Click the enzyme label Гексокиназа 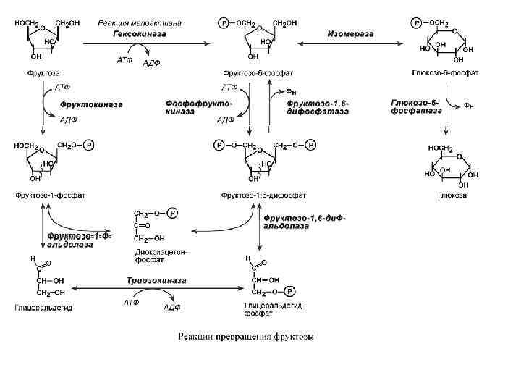click(x=140, y=33)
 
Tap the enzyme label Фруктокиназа click(x=90, y=104)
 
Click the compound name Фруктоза click(x=44, y=72)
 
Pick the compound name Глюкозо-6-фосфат click(x=444, y=72)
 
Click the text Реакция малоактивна click(x=140, y=22)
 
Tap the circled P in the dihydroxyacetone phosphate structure click(x=172, y=213)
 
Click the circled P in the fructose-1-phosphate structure click(x=89, y=145)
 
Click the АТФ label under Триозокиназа click(x=132, y=300)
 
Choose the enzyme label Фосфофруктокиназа click(x=189, y=109)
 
